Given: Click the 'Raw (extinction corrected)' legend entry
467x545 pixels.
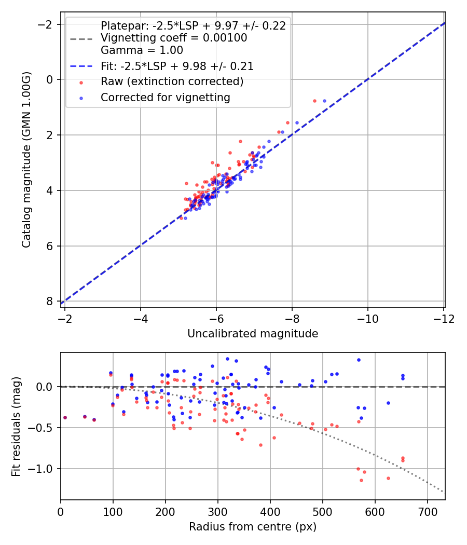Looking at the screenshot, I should pyautogui.click(x=172, y=81).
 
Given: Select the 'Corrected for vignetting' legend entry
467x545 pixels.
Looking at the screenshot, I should pyautogui.click(x=165, y=97).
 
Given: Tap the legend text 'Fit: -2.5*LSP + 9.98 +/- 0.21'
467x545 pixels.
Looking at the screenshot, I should pyautogui.click(x=177, y=66).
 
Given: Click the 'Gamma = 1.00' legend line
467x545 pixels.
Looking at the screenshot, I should pyautogui.click(x=142, y=50).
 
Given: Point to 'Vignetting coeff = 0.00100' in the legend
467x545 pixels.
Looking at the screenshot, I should pyautogui.click(x=174, y=38).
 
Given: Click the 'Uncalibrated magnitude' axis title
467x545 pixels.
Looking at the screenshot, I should pyautogui.click(x=253, y=334).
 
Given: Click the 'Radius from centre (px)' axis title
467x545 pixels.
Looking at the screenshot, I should pyautogui.click(x=253, y=527).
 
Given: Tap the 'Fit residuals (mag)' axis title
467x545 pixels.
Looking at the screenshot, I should pyautogui.click(x=16, y=426).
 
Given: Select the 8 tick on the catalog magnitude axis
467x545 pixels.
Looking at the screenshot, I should pyautogui.click(x=50, y=302).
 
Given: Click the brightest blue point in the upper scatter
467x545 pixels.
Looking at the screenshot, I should pyautogui.click(x=324, y=101).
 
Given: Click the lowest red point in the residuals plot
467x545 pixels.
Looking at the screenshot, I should pyautogui.click(x=361, y=480).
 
